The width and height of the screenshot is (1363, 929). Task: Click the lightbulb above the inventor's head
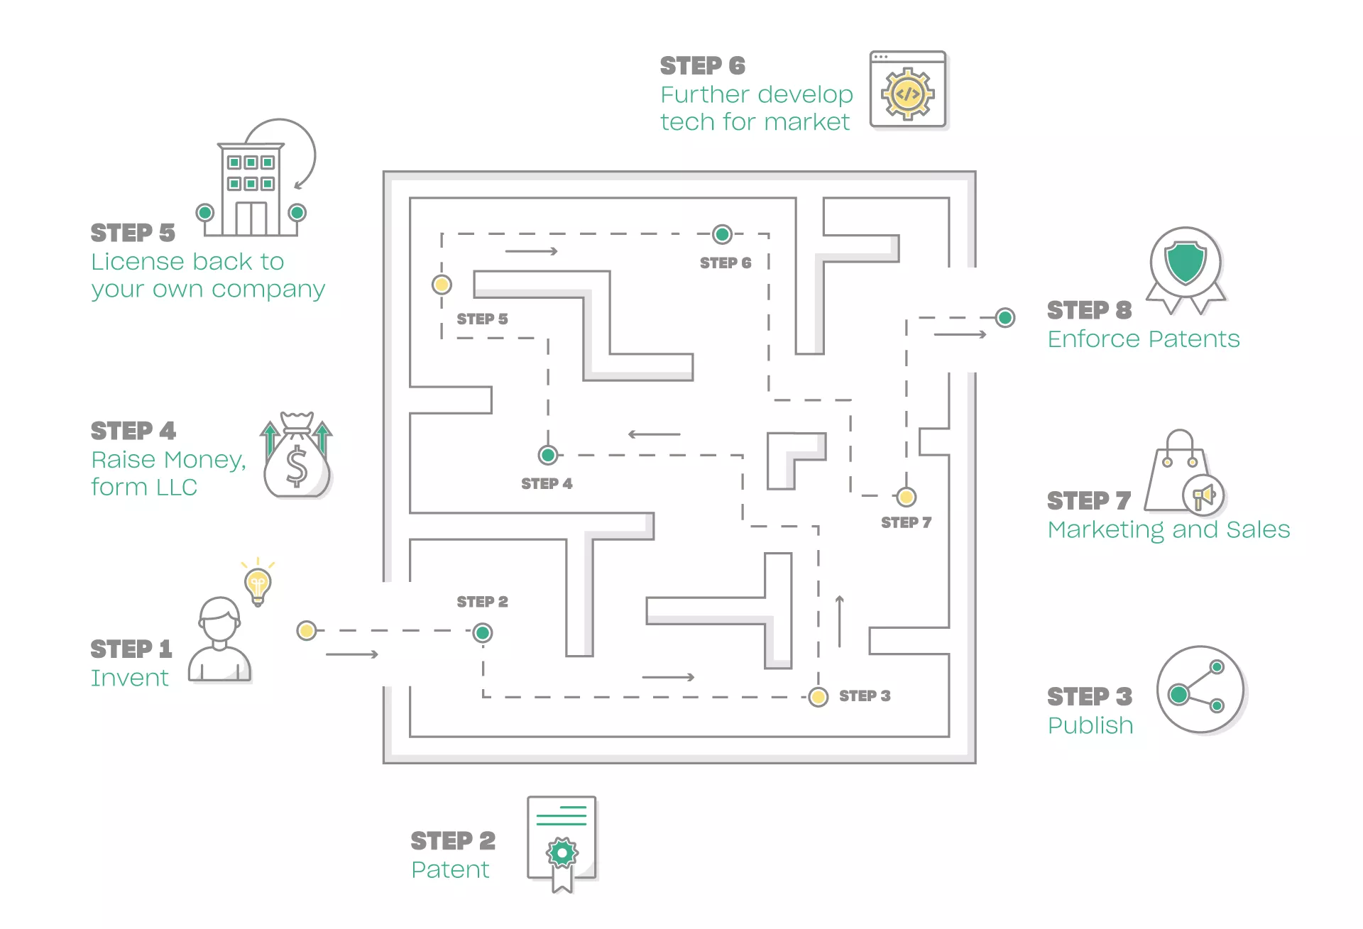coord(258,584)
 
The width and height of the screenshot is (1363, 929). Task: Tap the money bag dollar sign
coord(297,466)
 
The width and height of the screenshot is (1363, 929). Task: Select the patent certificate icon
coord(562,844)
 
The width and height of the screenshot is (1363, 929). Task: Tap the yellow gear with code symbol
coord(908,94)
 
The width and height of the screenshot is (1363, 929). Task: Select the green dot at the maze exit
coord(1005,317)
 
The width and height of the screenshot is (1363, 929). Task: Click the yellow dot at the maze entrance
coord(307,630)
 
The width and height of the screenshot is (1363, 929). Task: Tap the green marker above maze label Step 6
coord(722,233)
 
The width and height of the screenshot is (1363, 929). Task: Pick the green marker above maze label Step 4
coord(547,454)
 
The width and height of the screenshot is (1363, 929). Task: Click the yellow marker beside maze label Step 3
coord(819,697)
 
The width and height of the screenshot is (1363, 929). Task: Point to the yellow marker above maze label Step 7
coord(906,497)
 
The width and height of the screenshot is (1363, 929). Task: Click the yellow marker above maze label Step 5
coord(442,285)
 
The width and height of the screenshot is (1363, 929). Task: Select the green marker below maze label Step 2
coord(483,632)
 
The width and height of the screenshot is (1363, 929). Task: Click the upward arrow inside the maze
coord(840,621)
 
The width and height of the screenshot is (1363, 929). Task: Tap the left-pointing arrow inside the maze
coord(655,434)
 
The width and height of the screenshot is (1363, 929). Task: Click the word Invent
coord(130,678)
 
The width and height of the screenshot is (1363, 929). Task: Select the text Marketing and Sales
coord(1168,530)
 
